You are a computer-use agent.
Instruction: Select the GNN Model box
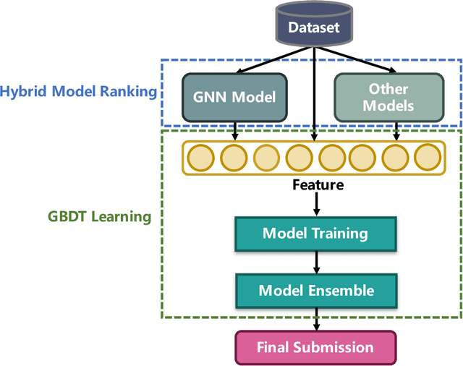click(x=235, y=96)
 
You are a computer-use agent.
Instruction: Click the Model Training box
click(x=315, y=234)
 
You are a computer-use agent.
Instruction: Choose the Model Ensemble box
click(x=315, y=290)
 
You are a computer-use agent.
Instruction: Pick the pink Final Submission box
click(x=315, y=347)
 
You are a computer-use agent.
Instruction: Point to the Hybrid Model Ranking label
click(x=78, y=92)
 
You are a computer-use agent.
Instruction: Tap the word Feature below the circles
click(x=318, y=184)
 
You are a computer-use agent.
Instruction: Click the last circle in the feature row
click(x=428, y=156)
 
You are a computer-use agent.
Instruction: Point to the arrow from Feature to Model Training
click(x=315, y=205)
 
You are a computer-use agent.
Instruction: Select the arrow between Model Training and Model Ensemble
click(x=315, y=262)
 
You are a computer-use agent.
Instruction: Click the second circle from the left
click(x=232, y=156)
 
